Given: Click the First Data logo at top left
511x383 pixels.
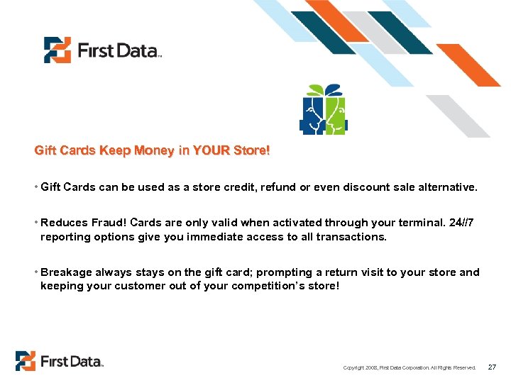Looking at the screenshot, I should coord(102,50).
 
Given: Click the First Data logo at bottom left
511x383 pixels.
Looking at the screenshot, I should coord(60,361).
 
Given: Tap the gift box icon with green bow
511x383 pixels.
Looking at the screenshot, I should coord(323,110).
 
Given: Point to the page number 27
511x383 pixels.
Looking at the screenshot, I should coord(492,367).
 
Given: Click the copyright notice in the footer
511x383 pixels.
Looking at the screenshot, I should coord(409,367).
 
